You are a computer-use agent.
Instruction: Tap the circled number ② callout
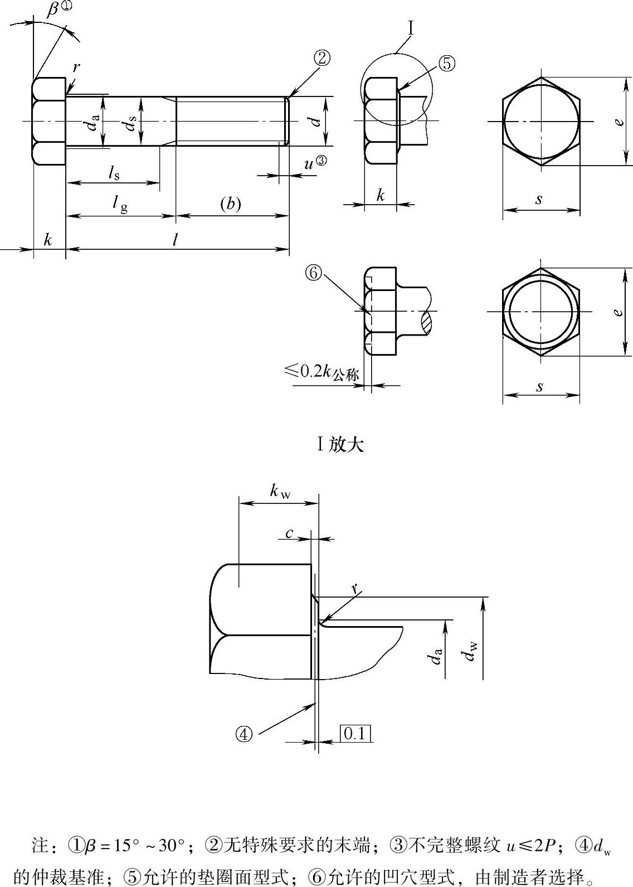click(322, 59)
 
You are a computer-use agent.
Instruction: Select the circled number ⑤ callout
click(447, 64)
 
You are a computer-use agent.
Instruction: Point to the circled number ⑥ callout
click(313, 273)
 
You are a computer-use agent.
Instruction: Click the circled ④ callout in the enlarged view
click(244, 735)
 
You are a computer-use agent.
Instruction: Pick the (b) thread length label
click(230, 203)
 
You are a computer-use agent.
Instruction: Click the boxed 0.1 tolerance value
click(355, 734)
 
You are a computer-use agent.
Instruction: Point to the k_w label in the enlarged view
click(280, 491)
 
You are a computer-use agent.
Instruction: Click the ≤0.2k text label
click(321, 371)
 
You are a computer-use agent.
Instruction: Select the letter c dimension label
click(289, 534)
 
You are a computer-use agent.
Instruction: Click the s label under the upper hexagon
click(539, 200)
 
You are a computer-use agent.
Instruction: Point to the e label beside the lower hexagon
click(617, 312)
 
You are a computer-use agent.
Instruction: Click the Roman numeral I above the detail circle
click(411, 29)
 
